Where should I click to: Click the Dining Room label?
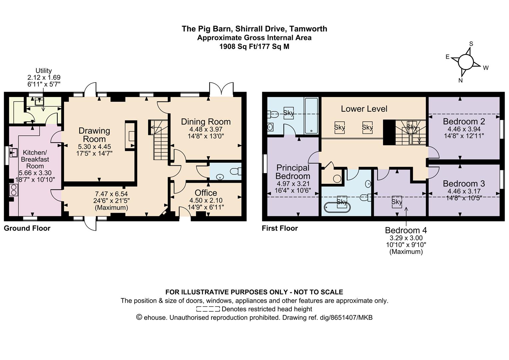coord(206,122)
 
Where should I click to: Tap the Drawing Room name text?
coord(94,135)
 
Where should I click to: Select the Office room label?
coord(206,193)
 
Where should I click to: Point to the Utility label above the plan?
coord(44,70)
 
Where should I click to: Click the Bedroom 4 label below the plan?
coord(406,230)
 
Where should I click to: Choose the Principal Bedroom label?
coord(293,172)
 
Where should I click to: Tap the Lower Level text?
coord(364,109)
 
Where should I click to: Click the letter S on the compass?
coord(471,44)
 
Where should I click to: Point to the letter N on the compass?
coord(460,81)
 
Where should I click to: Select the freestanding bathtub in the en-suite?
coord(337,207)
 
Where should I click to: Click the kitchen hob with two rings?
coord(13,190)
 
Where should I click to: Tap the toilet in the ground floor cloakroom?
coord(236,171)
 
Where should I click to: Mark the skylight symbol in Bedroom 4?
coord(396,202)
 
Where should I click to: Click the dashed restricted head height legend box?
coord(208,309)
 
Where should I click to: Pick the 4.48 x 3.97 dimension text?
coord(206,129)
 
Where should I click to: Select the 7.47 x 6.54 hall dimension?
coord(111,194)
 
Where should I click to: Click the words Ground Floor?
coord(27,228)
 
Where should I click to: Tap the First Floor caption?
coord(280,228)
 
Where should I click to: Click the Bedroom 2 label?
coord(464,121)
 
